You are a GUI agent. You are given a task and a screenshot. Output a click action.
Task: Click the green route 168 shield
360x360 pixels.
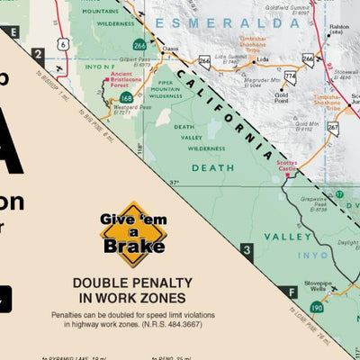(x=126, y=97)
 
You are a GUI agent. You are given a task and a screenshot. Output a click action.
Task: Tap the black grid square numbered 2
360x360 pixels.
(x=37, y=54)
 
